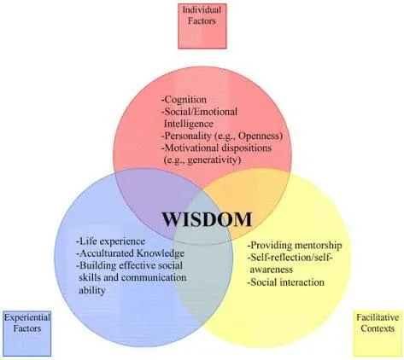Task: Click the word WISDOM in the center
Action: point(208,219)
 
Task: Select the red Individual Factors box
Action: point(202,26)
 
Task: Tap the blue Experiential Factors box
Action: point(27,334)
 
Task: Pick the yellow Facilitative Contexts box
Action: point(378,334)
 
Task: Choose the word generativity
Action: point(214,160)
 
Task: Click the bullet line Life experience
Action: point(110,241)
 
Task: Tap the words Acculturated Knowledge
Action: point(130,253)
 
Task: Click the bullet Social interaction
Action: point(286,282)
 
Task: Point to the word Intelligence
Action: point(189,124)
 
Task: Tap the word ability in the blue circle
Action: point(92,290)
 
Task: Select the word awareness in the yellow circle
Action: point(272,270)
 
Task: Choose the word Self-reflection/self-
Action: point(291,258)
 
